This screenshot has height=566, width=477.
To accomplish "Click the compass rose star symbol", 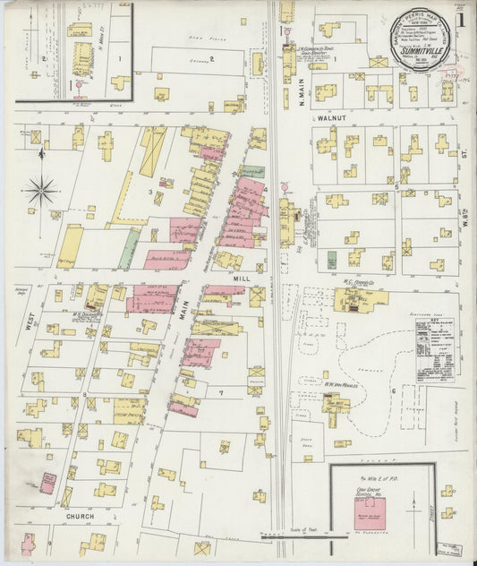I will coord(41,190).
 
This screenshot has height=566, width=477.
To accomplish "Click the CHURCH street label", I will coord(81,517).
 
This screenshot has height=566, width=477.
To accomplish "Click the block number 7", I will coord(219,393).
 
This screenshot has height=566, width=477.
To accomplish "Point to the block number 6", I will coord(392,390).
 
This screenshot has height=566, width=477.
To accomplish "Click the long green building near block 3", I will coord(129,248).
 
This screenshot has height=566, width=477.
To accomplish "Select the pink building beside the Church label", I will coord(47,484).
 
